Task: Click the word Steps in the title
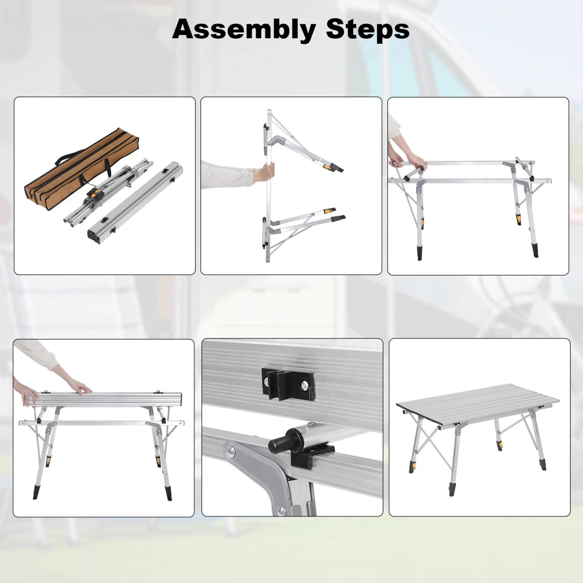368,29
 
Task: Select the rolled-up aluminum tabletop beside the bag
136,203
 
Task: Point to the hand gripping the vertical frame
267,173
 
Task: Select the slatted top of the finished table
478,405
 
